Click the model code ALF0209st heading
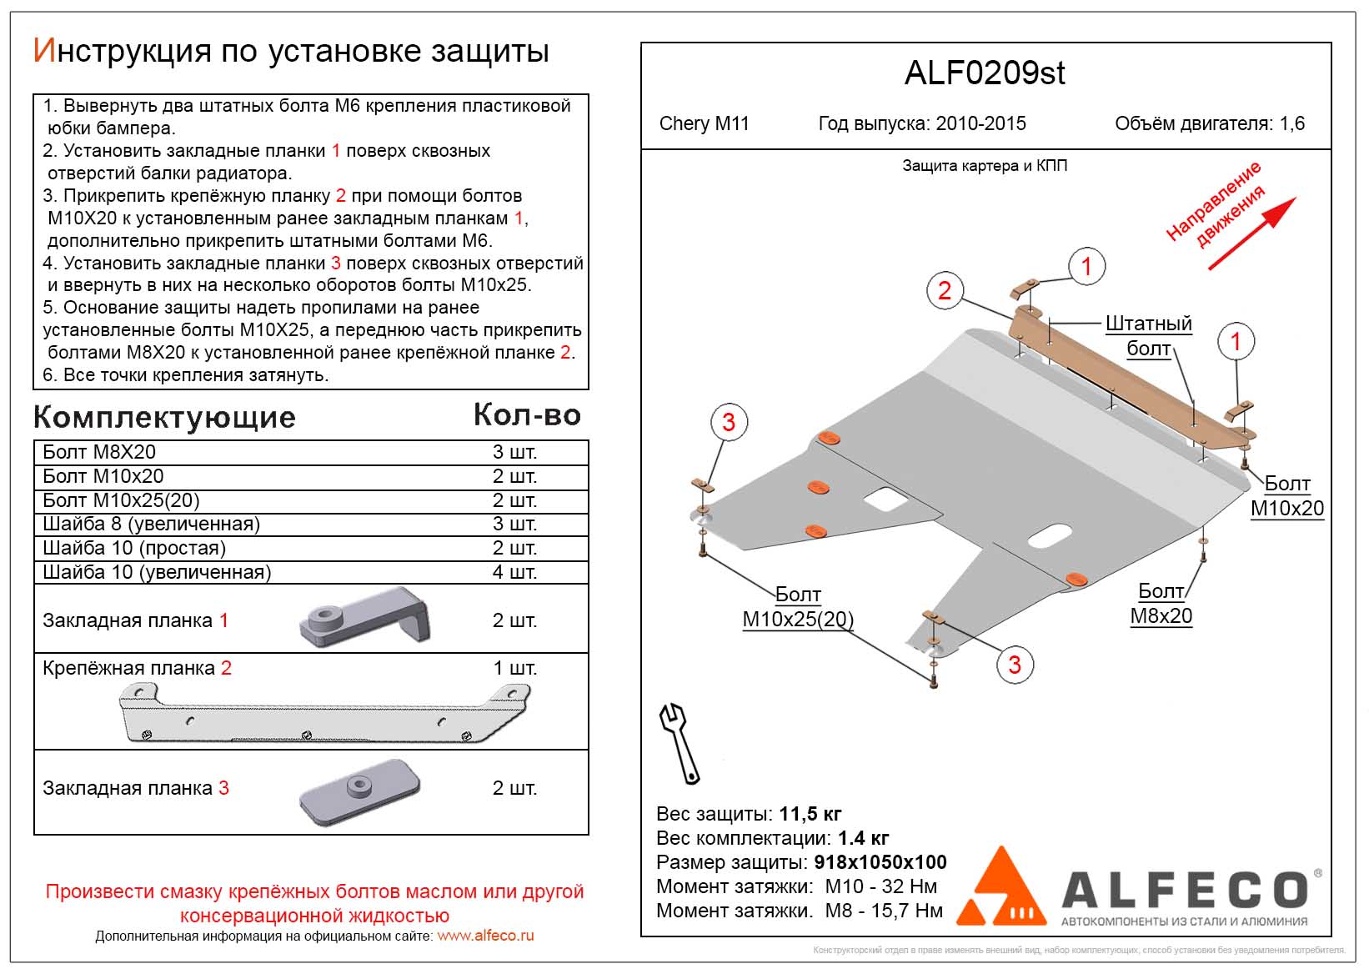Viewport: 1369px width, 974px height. point(985,73)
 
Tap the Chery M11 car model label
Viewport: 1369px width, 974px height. point(704,123)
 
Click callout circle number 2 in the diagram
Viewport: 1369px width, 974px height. point(945,290)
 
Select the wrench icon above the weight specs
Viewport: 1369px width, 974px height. point(679,742)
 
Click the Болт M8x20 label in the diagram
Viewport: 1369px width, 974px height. point(1161,604)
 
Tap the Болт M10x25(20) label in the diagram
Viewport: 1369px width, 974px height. point(798,607)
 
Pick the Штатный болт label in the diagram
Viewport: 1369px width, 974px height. point(1148,335)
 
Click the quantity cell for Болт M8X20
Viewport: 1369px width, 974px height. point(514,452)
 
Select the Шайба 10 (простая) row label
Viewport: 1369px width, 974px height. point(134,548)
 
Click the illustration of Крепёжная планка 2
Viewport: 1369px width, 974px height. point(325,714)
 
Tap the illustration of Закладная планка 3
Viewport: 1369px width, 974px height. point(359,792)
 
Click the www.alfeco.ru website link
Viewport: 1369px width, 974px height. point(485,936)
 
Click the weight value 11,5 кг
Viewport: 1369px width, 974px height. point(810,814)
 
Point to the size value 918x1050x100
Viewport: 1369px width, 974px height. point(880,862)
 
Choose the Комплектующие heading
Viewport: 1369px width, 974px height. point(164,417)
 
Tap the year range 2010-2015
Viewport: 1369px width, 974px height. point(980,123)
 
